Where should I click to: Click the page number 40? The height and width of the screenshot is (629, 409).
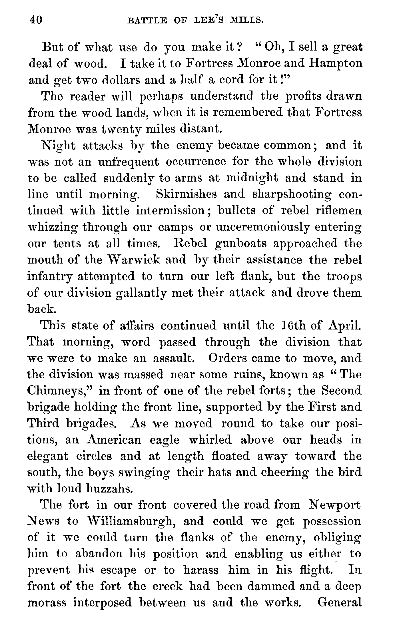tap(36, 20)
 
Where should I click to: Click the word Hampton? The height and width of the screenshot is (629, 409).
tap(336, 63)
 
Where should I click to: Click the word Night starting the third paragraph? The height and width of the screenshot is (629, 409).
tap(59, 146)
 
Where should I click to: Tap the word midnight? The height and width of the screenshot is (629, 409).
tap(251, 178)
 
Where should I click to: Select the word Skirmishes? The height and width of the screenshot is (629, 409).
tap(187, 194)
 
